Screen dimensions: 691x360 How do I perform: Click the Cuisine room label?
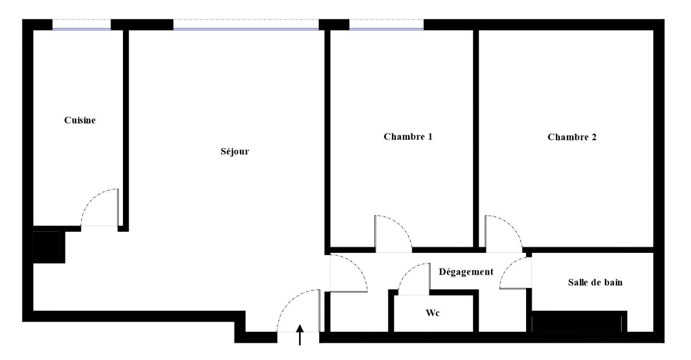[80, 120]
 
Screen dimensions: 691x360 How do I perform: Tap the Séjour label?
[235, 151]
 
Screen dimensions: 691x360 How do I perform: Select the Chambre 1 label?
[408, 136]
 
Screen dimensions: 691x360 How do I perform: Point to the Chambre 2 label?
[572, 137]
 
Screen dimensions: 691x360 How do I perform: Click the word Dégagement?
[466, 272]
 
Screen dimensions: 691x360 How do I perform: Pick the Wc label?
[433, 313]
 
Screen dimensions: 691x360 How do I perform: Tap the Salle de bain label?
[596, 282]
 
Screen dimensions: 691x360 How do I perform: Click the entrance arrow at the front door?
[300, 335]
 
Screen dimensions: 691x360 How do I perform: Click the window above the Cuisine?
[81, 24]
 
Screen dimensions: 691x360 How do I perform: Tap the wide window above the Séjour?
[246, 24]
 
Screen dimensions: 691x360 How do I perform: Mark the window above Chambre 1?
[387, 24]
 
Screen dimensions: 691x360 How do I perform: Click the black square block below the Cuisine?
[46, 247]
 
